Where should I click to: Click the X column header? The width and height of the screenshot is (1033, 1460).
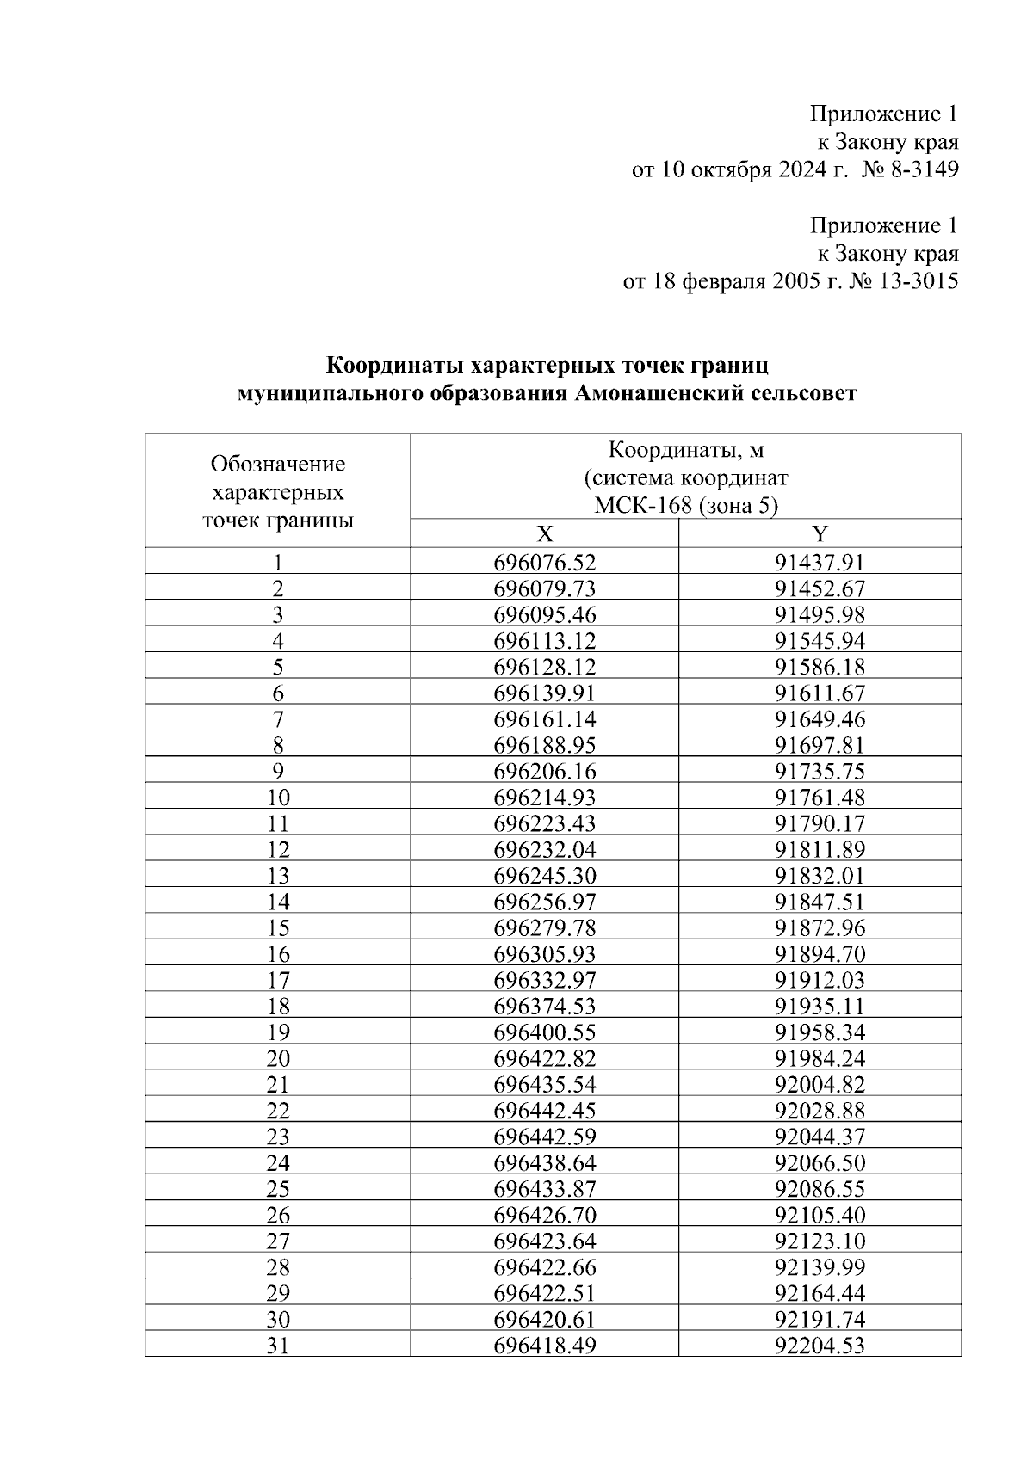(x=544, y=534)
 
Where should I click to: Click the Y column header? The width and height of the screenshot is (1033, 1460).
(x=820, y=534)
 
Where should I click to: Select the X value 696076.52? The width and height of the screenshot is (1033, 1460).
(x=544, y=563)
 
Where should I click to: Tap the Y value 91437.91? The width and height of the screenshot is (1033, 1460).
(x=820, y=563)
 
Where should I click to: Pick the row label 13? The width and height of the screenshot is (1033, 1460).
(x=278, y=876)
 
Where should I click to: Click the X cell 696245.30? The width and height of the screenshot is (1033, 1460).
(x=544, y=876)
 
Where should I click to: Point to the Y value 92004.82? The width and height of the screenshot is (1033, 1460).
(x=820, y=1085)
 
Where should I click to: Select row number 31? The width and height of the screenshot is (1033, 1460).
(x=278, y=1346)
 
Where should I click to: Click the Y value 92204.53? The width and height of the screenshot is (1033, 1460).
(x=820, y=1346)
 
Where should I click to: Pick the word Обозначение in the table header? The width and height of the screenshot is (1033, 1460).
(x=278, y=465)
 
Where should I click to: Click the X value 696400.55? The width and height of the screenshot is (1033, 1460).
(x=544, y=1032)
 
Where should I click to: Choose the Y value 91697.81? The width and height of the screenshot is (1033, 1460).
(x=820, y=745)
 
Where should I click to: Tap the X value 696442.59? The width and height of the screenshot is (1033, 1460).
(x=544, y=1137)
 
